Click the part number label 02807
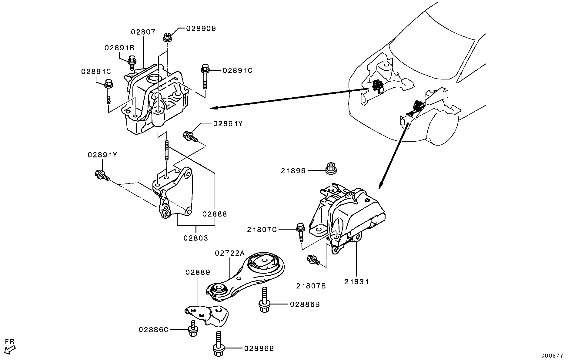pyautogui.click(x=143, y=32)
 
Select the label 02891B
pyautogui.click(x=119, y=48)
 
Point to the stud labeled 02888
pyautogui.click(x=167, y=150)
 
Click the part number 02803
pyautogui.click(x=195, y=238)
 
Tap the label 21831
pyautogui.click(x=356, y=282)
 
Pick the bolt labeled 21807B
pyautogui.click(x=312, y=260)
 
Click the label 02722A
pyautogui.click(x=229, y=253)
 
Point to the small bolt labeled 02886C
pyautogui.click(x=192, y=329)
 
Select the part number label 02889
pyautogui.click(x=198, y=272)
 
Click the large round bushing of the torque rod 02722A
pyautogui.click(x=262, y=263)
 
